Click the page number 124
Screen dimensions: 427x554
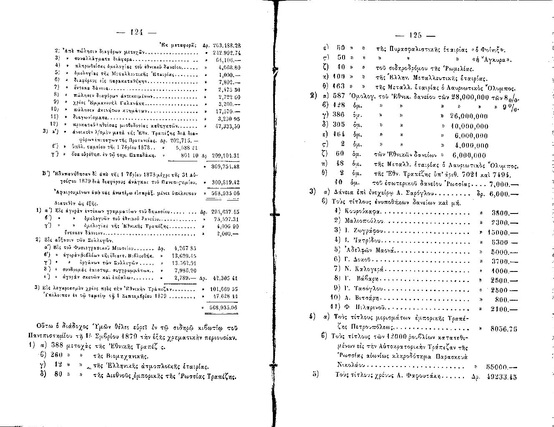pos(137,32)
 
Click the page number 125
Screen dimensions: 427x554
pos(416,35)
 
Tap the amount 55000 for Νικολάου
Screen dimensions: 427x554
pos(496,367)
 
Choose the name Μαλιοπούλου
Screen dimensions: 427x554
pos(365,222)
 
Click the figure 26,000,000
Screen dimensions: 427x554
pos(469,116)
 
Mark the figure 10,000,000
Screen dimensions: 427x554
pos(469,126)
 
